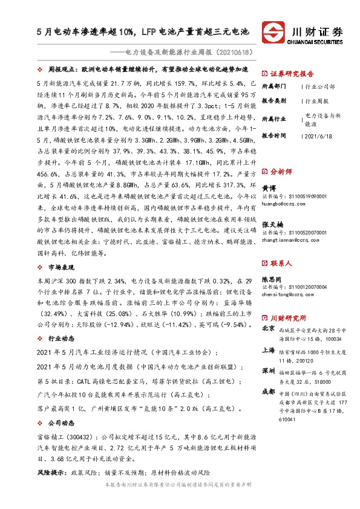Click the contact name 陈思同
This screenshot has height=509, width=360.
pyautogui.click(x=272, y=280)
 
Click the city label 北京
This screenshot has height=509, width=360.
pyautogui.click(x=268, y=329)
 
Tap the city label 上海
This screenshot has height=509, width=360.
pyautogui.click(x=268, y=350)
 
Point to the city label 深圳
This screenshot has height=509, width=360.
pyautogui.click(x=268, y=370)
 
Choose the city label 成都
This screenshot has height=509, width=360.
pyautogui.click(x=268, y=391)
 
